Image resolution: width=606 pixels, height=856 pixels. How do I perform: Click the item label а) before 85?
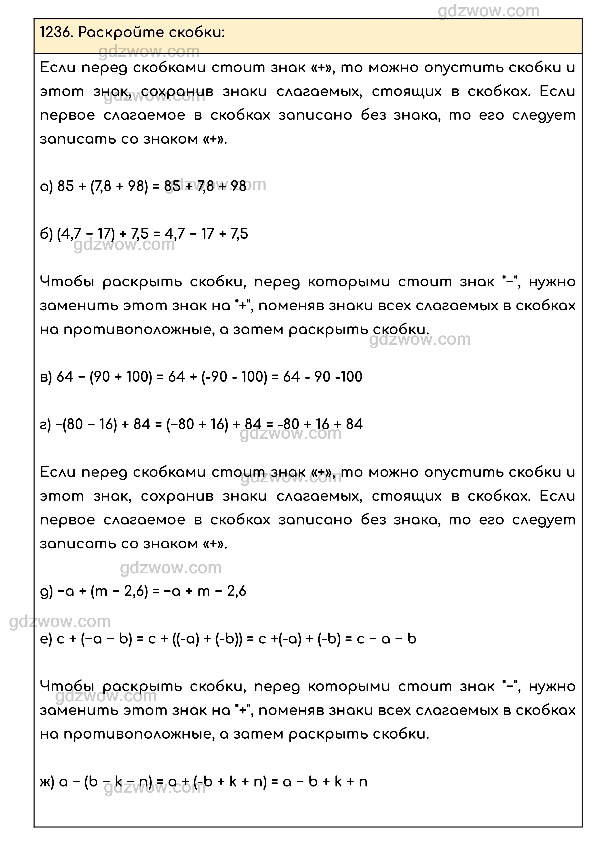[x=46, y=186]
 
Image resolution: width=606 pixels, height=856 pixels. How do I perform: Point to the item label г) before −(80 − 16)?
[x=45, y=425]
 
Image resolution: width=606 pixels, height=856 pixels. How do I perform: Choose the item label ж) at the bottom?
[x=47, y=782]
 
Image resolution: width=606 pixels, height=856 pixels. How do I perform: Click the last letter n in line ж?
[x=363, y=782]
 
